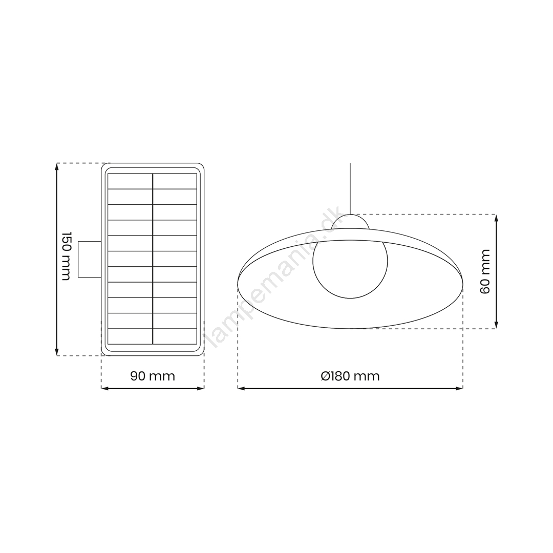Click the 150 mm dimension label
pyautogui.click(x=66, y=257)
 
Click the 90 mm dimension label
pyautogui.click(x=153, y=376)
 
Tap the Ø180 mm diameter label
pyautogui.click(x=350, y=376)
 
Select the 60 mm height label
pyautogui.click(x=485, y=271)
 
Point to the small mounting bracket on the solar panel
pyautogui.click(x=90, y=259)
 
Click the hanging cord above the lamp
pyautogui.click(x=350, y=188)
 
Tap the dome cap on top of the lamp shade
pyautogui.click(x=350, y=222)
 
